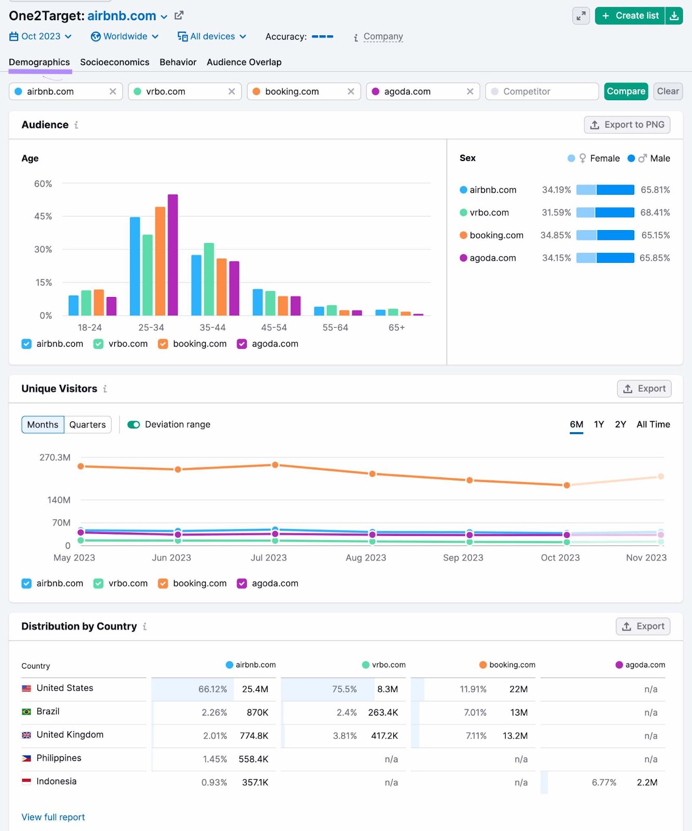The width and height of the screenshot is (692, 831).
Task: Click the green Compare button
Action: [626, 91]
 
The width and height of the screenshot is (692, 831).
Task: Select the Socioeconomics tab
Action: [114, 62]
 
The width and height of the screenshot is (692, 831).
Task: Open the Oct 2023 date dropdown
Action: [41, 36]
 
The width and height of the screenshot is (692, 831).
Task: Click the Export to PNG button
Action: [627, 125]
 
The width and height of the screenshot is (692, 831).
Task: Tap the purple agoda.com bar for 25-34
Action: [173, 254]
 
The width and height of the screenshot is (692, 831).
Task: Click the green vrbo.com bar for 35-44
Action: [209, 279]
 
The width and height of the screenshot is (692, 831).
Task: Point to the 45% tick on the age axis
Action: [43, 217]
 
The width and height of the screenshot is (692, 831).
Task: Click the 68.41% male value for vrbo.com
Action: [655, 212]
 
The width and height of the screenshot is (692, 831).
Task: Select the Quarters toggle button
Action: [87, 425]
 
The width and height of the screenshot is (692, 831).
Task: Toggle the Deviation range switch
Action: [134, 425]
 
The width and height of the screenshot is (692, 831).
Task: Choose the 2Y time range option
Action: [620, 424]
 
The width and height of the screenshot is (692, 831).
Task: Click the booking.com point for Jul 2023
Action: [275, 465]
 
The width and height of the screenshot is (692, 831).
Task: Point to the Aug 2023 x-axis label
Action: [366, 558]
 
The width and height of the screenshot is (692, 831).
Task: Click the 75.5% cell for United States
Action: [344, 689]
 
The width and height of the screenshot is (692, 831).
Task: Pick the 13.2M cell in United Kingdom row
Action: [515, 736]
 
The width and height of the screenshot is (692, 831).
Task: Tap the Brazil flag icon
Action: [26, 712]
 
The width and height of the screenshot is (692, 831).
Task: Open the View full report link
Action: [53, 817]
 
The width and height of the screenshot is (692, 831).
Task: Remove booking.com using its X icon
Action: [351, 91]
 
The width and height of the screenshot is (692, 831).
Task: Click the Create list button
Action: [630, 16]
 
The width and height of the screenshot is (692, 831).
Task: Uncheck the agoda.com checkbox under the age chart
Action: [242, 344]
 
